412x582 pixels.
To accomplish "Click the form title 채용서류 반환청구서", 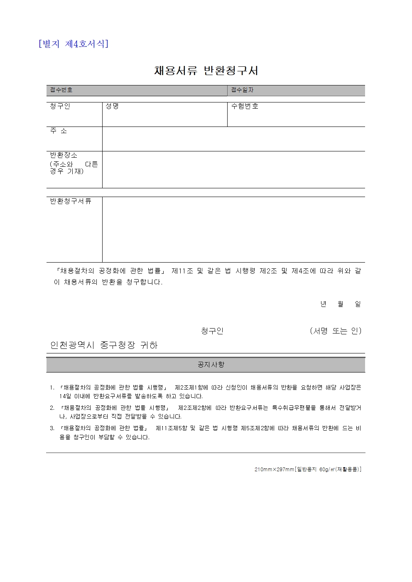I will click(206, 71).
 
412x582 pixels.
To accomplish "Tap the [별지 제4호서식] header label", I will click(73, 44).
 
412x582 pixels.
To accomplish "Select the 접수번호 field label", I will click(61, 90).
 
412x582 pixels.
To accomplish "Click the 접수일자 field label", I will click(242, 90).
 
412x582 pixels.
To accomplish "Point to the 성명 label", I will click(112, 106).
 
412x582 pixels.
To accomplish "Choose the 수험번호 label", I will click(245, 106).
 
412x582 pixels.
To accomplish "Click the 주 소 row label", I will click(59, 131).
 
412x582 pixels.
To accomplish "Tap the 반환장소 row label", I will click(64, 155).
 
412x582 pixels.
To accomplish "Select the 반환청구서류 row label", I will click(71, 201).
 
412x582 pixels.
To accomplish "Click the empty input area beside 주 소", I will click(233, 139).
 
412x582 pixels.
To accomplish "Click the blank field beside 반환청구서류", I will click(233, 229).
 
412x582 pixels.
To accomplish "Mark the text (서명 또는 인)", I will click(336, 331).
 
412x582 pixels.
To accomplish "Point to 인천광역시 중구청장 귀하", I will click(104, 345).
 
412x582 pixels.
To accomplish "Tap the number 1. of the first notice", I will click(52, 388).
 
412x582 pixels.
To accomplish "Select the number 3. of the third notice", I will click(52, 429).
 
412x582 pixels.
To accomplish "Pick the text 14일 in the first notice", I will click(65, 396).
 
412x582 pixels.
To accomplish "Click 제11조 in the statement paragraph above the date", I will click(182, 271).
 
